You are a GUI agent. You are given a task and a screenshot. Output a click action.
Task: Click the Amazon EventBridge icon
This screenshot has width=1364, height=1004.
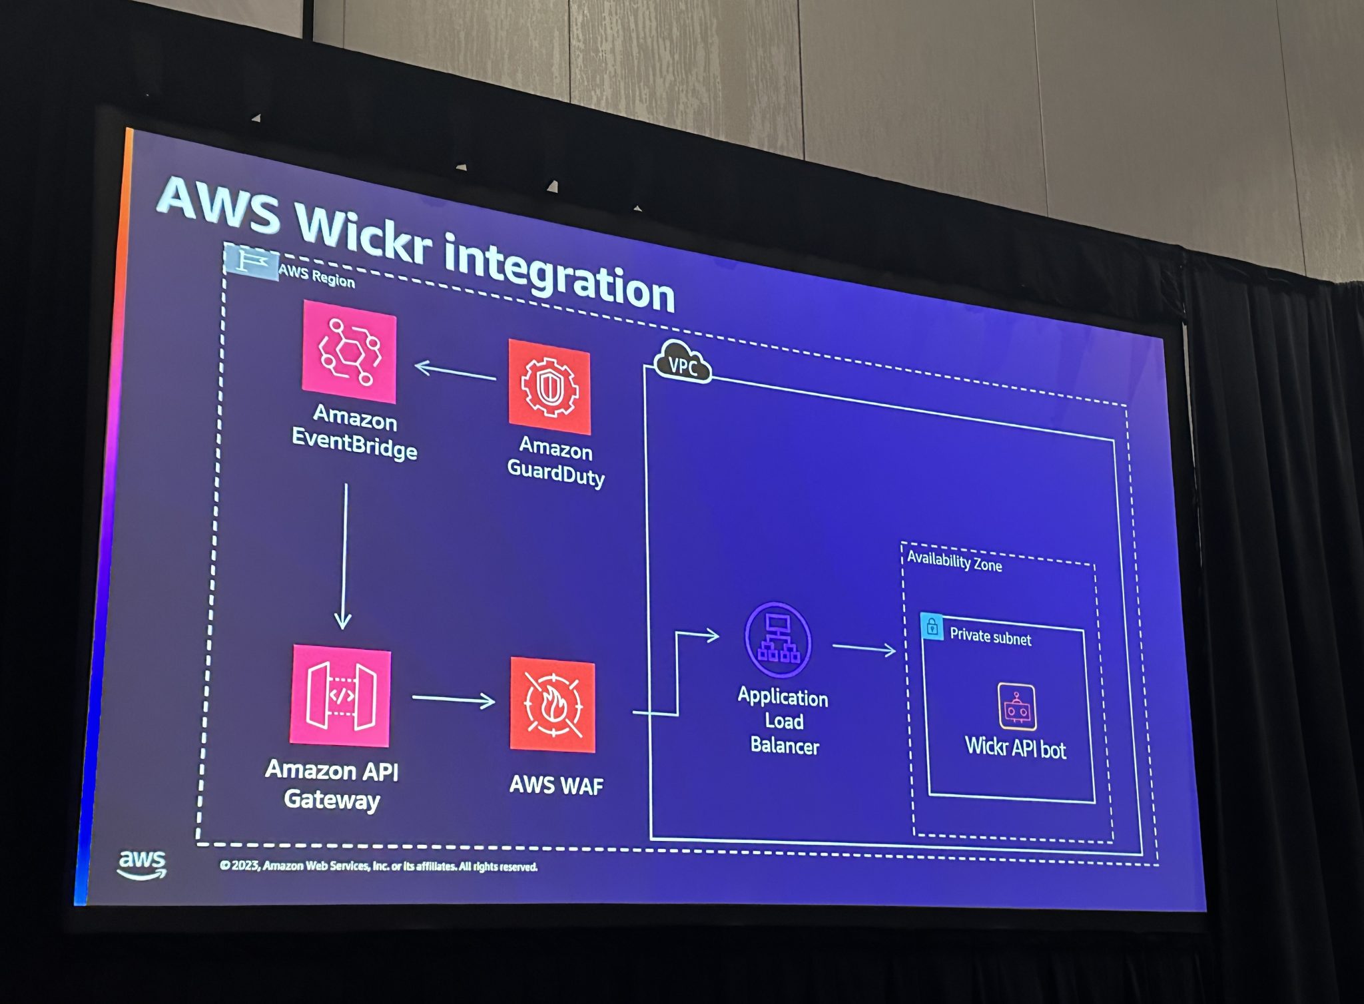tap(349, 351)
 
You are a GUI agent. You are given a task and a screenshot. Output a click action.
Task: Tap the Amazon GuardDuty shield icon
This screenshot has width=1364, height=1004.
tap(549, 387)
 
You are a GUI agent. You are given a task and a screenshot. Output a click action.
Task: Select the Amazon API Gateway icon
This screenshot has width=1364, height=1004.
tap(340, 696)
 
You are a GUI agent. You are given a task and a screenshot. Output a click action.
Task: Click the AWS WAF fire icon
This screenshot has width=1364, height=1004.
tap(552, 705)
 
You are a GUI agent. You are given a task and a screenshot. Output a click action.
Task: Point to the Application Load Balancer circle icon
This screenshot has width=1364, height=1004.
tap(777, 640)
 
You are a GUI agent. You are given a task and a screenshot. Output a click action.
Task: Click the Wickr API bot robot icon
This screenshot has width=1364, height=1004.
tap(1016, 706)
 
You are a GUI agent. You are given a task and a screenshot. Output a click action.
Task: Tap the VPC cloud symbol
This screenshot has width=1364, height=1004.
tap(683, 362)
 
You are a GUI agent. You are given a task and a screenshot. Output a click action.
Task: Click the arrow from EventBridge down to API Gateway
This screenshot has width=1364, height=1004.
tap(344, 557)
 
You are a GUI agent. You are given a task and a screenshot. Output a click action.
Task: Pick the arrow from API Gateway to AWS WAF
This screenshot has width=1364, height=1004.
tap(453, 698)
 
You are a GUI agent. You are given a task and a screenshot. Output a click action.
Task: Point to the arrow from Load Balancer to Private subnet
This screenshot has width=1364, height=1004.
tap(864, 648)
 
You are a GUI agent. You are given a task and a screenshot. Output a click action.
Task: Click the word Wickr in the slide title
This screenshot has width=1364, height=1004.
tap(364, 235)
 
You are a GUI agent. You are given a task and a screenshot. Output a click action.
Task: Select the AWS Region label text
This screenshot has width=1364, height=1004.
tap(316, 276)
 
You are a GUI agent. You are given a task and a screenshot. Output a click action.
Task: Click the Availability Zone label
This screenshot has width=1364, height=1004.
tap(954, 561)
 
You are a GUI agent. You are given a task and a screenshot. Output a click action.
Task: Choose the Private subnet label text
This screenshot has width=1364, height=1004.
tap(990, 636)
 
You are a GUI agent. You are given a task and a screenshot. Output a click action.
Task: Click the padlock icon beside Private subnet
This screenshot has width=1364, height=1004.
tap(932, 627)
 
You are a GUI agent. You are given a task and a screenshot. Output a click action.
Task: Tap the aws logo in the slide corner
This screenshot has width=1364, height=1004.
tap(142, 864)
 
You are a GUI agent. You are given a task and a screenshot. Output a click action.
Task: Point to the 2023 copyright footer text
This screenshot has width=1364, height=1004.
tap(378, 866)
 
